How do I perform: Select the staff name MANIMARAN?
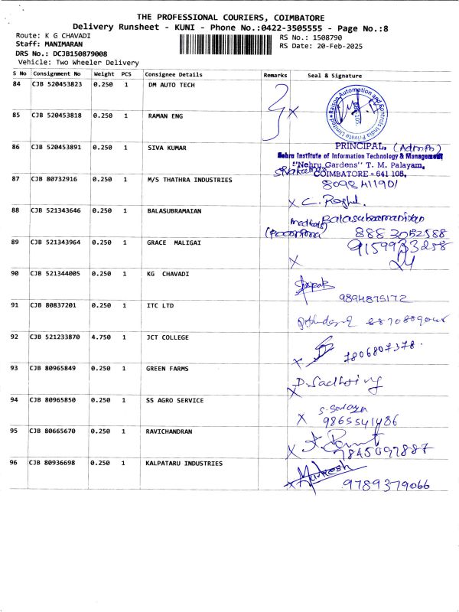tap(64, 45)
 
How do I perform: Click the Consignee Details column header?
tap(174, 75)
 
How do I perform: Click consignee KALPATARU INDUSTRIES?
tap(184, 463)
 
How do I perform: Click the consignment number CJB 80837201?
tap(53, 305)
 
